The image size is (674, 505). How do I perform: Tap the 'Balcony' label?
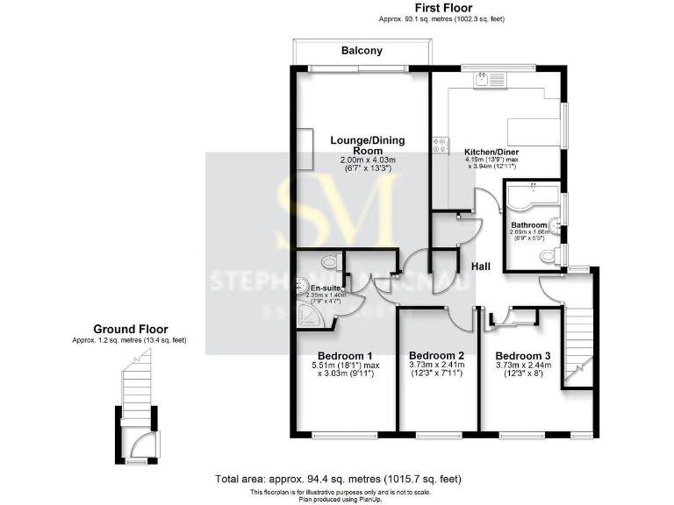pos(362,51)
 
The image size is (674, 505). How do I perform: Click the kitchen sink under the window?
pos(482,80)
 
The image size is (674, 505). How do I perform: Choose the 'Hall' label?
pos(481,266)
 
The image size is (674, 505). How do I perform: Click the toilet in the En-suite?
pos(328,260)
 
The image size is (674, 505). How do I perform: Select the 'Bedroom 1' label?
pos(339,356)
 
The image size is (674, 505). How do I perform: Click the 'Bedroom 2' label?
pos(437,356)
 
